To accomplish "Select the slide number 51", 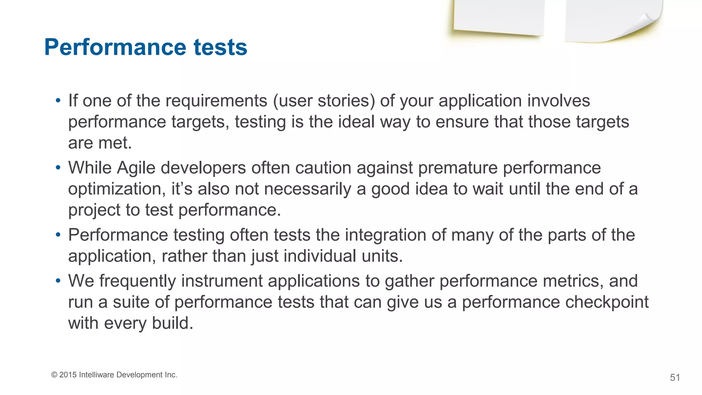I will pos(675,378).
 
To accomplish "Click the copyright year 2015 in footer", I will pos(68,375).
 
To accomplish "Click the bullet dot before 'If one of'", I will pos(58,101).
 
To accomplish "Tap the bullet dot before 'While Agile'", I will pos(58,168).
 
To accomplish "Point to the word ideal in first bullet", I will pos(356,122).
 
